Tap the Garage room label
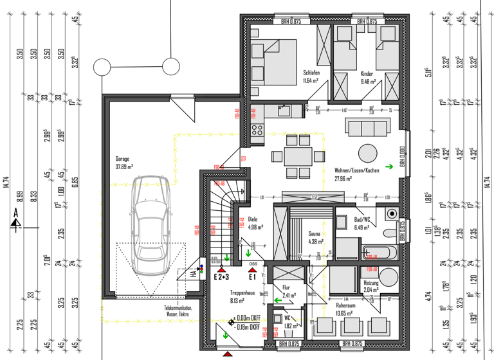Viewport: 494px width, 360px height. [x=123, y=162]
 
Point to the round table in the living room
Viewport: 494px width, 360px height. [x=369, y=153]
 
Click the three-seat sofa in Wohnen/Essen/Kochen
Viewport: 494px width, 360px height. [x=365, y=128]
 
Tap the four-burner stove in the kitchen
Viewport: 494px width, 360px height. [x=257, y=132]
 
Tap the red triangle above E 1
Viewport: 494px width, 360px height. [x=253, y=271]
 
